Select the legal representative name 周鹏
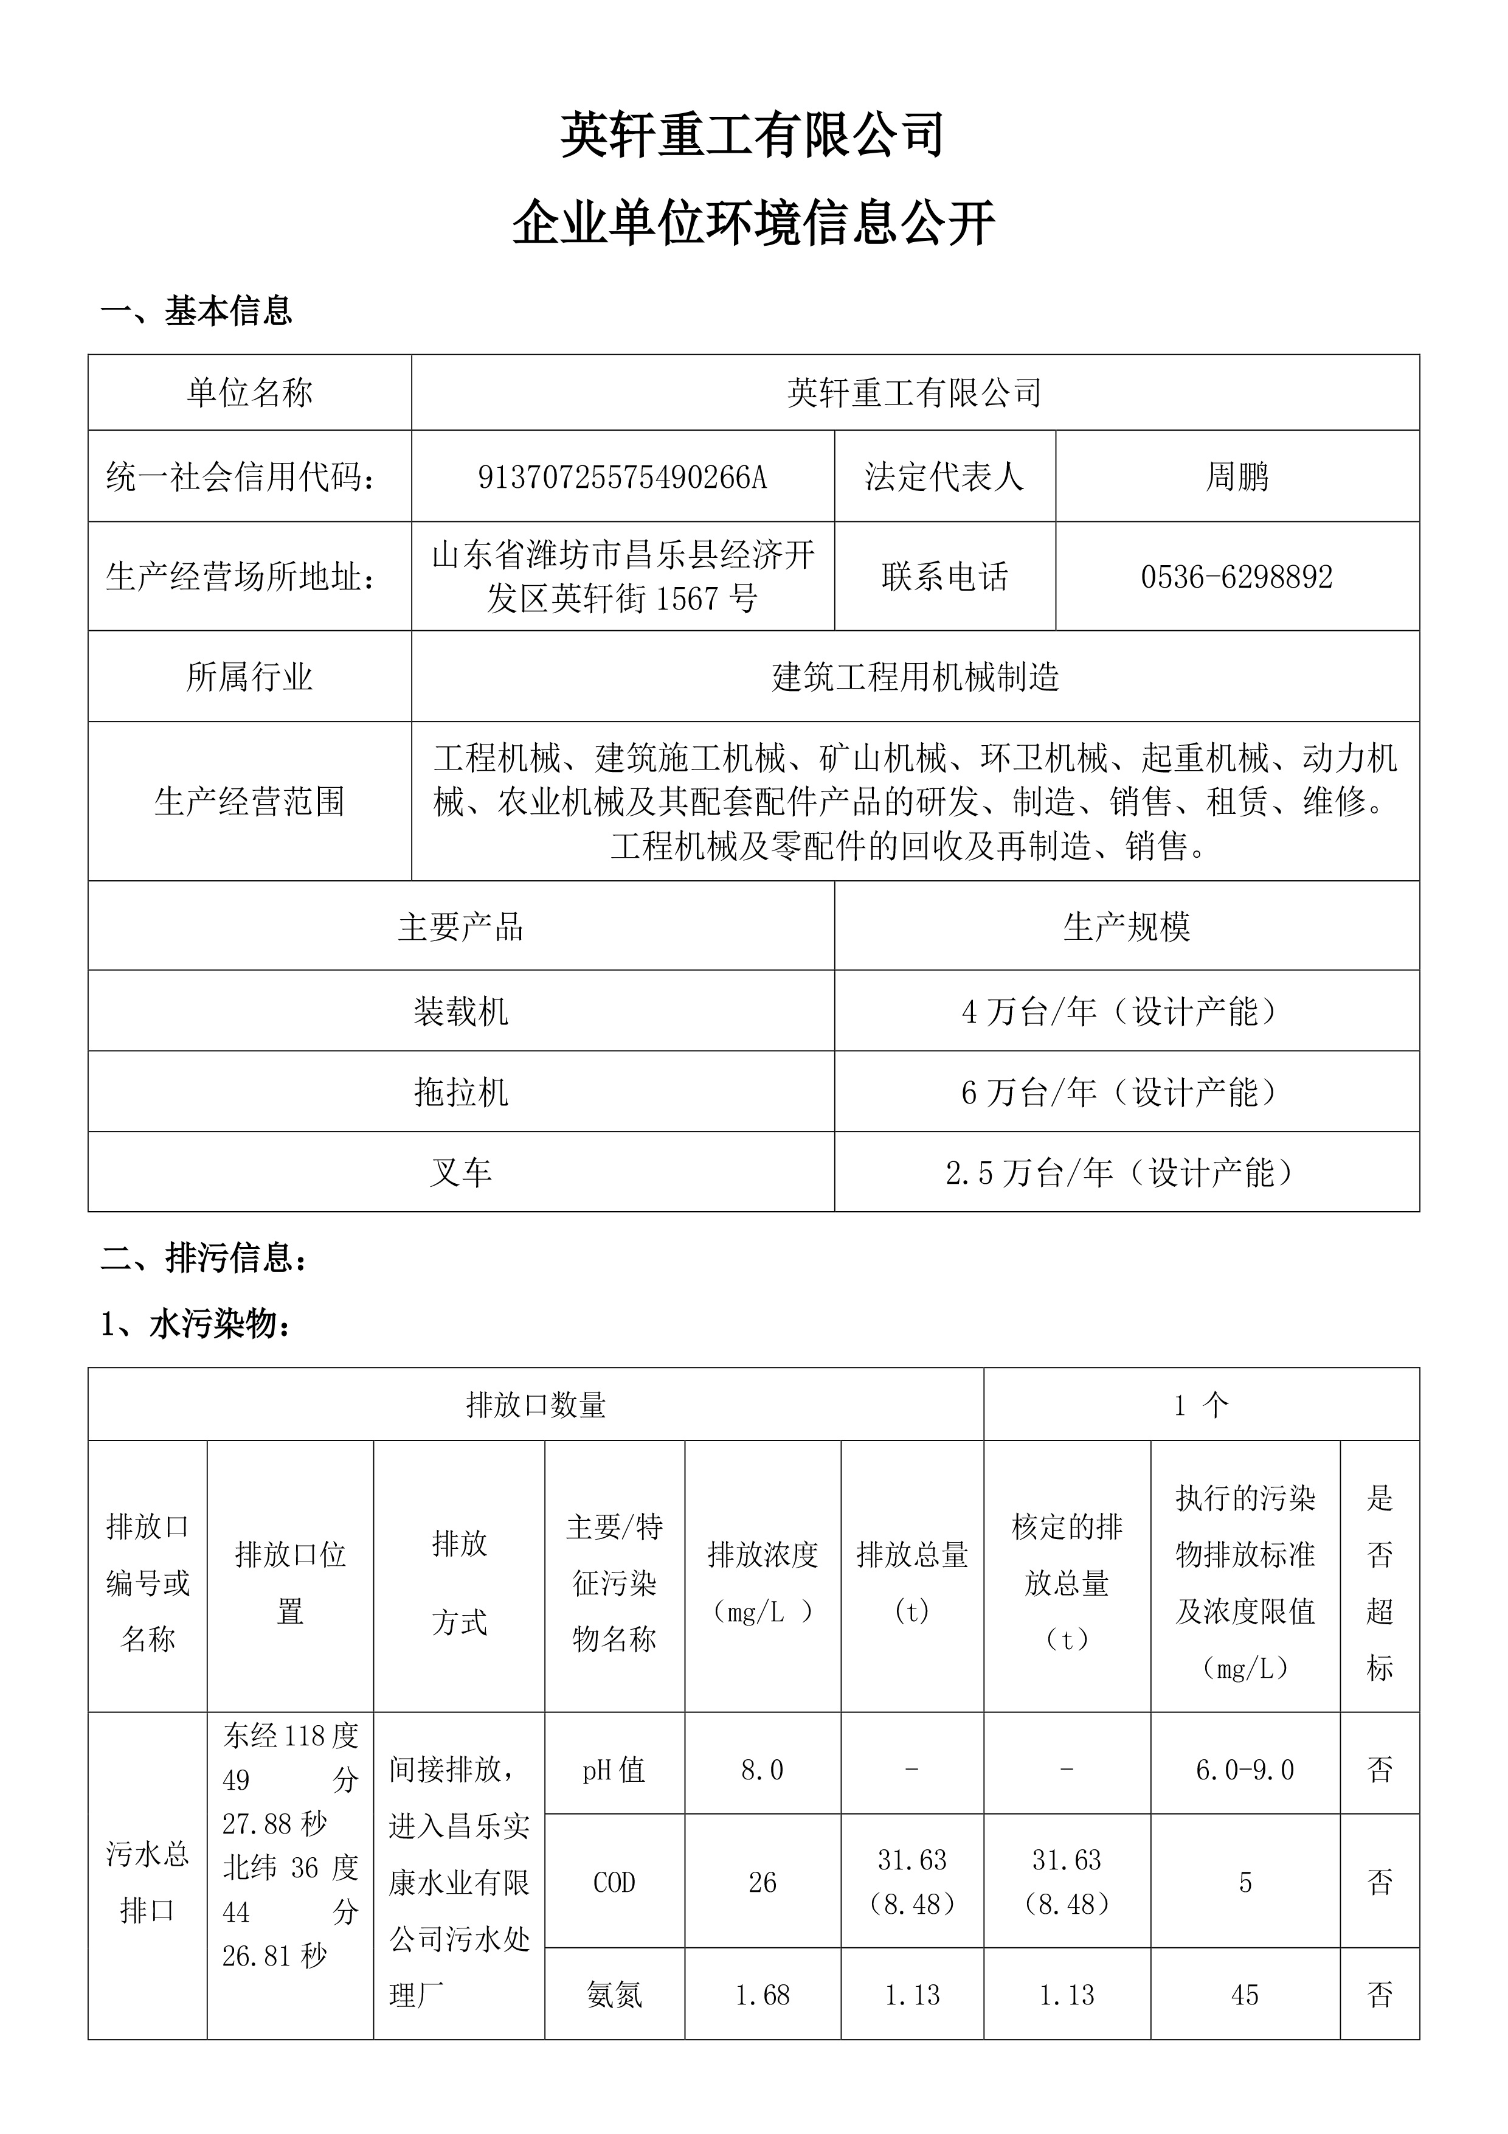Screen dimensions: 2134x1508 point(1237,477)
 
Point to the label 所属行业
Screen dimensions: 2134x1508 point(249,676)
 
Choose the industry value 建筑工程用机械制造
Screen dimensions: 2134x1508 point(915,676)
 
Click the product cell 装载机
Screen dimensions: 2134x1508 point(461,1011)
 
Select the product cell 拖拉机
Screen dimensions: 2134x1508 point(461,1092)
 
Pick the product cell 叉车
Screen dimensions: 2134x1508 point(461,1172)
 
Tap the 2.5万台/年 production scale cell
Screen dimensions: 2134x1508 point(1126,1172)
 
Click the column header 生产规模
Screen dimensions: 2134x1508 point(1126,926)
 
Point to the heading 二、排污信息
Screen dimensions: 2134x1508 point(204,1259)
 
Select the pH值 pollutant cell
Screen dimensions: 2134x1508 point(614,1770)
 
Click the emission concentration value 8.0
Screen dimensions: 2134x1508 point(762,1770)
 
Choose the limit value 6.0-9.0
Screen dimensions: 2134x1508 point(1245,1770)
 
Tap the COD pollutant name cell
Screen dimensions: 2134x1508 point(614,1883)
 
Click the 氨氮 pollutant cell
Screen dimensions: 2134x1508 point(614,1995)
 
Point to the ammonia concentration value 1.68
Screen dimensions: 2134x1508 point(762,1995)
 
